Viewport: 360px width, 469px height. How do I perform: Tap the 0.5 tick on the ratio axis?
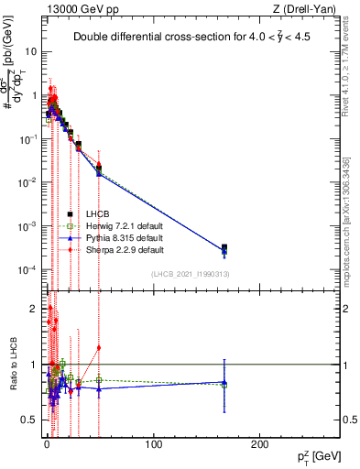point(30,419)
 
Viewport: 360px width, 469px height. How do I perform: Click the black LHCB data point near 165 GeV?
point(224,247)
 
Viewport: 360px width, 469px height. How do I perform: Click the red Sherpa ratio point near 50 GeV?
point(99,347)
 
